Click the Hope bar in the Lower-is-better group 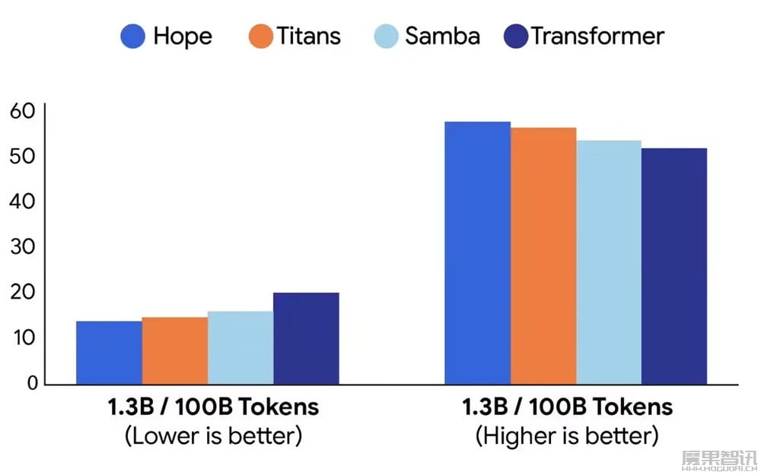coord(109,353)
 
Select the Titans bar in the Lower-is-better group coord(174,350)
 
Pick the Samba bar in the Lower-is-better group coord(240,347)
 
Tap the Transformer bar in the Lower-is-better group coord(306,338)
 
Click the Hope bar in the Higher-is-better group coord(477,252)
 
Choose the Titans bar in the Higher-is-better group coord(543,255)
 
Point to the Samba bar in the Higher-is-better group coord(608,262)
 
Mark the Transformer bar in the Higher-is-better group coord(673,266)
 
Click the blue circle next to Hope coord(133,36)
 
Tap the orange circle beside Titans coord(260,36)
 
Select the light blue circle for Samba coord(387,36)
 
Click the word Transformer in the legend coord(597,36)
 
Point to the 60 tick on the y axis coord(23,111)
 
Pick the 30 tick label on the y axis coord(23,247)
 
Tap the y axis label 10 coord(23,337)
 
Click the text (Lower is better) coord(213,436)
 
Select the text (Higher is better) coord(567,436)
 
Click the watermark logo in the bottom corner coord(718,459)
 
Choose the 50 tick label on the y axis coord(23,157)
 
